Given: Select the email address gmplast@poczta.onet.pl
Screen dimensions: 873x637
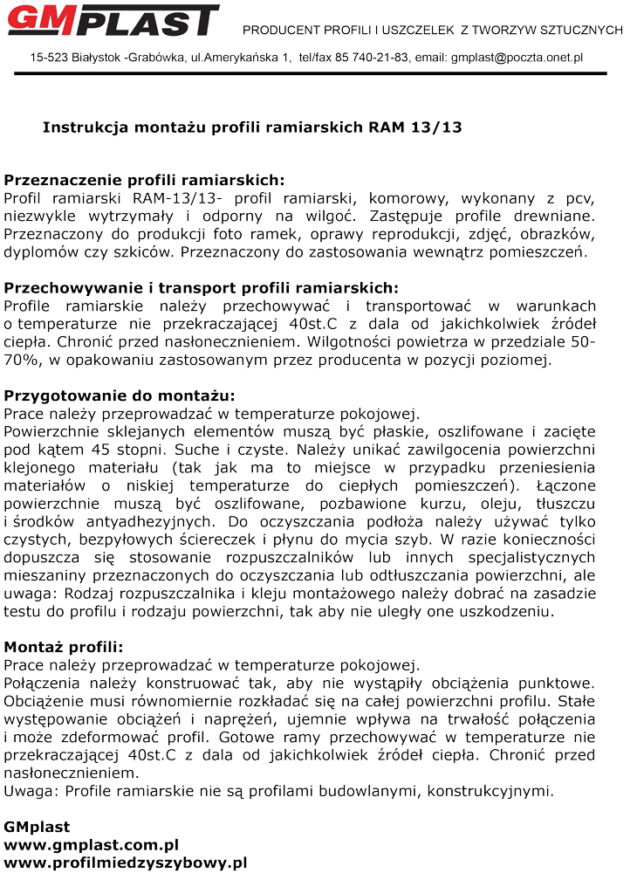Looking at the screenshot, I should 517,58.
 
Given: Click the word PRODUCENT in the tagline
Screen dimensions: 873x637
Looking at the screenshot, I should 279,31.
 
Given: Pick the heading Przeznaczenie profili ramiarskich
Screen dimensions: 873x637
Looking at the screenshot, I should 144,180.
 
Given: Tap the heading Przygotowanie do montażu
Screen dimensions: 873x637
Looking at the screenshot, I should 120,395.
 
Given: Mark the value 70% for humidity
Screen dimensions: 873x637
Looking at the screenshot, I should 20,360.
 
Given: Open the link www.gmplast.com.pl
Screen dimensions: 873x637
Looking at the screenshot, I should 92,844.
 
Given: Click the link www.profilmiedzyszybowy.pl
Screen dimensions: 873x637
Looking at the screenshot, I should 126,863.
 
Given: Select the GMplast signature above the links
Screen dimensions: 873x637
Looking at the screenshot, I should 37,826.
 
